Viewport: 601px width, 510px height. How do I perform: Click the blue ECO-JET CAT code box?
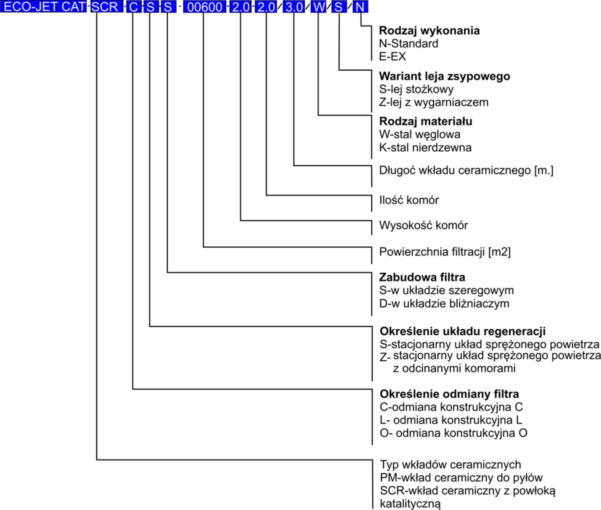43,7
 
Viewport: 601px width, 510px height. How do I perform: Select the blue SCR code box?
107,7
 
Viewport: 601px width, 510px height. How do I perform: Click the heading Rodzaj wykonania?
429,31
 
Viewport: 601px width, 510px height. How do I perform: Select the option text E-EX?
393,56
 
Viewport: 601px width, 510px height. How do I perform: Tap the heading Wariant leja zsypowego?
445,76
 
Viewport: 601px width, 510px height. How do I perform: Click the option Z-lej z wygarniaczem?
434,102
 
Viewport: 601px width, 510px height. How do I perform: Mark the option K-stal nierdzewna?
425,148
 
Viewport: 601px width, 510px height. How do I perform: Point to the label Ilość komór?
409,200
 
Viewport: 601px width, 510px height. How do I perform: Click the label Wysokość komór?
423,225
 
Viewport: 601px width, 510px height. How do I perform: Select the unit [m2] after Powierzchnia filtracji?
499,252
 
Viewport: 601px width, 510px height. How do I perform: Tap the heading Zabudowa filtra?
422,277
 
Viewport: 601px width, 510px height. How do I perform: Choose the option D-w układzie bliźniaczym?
444,304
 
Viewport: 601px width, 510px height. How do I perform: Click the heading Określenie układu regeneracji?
462,331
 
